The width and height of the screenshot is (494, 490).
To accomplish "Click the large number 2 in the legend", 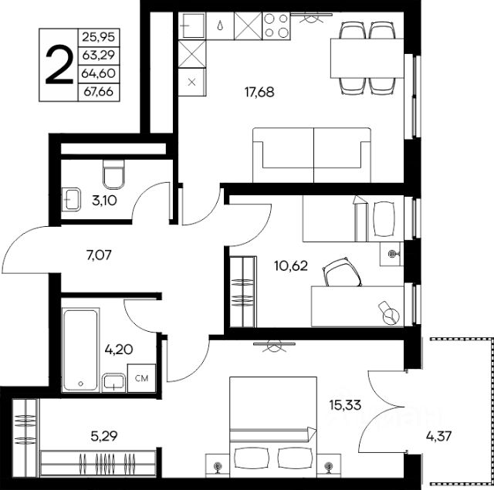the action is pyautogui.click(x=59, y=65).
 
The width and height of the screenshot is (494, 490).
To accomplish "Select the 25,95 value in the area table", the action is pyautogui.click(x=99, y=37).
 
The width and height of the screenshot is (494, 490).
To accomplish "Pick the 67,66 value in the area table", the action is pyautogui.click(x=99, y=92).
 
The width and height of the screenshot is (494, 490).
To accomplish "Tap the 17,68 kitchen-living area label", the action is pyautogui.click(x=259, y=93).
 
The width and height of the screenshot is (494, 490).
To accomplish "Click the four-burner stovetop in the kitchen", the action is pyautogui.click(x=276, y=25).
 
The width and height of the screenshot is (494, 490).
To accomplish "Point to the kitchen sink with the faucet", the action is pyautogui.click(x=192, y=25).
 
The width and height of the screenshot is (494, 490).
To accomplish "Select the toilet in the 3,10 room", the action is pyautogui.click(x=113, y=174).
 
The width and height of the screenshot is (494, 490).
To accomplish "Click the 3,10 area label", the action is pyautogui.click(x=105, y=201).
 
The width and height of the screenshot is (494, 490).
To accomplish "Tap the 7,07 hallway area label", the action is pyautogui.click(x=99, y=255).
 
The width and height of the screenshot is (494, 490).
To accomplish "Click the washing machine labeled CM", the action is pyautogui.click(x=141, y=378).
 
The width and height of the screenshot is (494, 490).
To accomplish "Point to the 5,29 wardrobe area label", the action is pyautogui.click(x=104, y=436).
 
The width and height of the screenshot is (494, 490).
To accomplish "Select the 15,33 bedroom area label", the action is pyautogui.click(x=345, y=405).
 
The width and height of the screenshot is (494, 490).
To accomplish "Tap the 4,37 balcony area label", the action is pyautogui.click(x=439, y=436).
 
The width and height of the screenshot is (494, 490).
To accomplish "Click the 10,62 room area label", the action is pyautogui.click(x=291, y=266).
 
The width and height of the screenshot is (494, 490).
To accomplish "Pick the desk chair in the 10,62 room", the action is pyautogui.click(x=342, y=272).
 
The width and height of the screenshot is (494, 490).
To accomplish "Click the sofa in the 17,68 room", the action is pyautogui.click(x=312, y=155).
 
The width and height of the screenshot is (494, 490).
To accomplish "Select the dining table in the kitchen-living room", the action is pyautogui.click(x=367, y=58).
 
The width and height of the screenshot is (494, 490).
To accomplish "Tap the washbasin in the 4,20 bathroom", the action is pyautogui.click(x=113, y=383).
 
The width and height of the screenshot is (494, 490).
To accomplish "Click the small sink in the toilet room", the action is pyautogui.click(x=72, y=199).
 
